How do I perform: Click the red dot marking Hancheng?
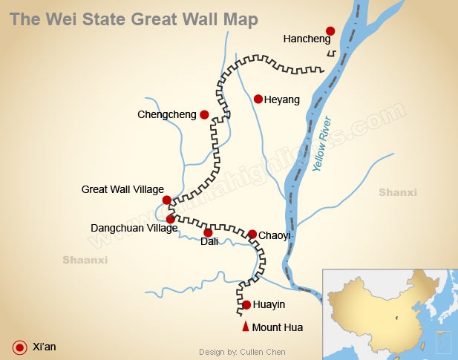pyautogui.click(x=330, y=31)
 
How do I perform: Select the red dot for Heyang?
pyautogui.click(x=258, y=99)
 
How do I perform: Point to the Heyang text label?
pyautogui.click(x=282, y=99)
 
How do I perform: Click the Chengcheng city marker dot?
pyautogui.click(x=204, y=114)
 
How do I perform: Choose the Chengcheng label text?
pyautogui.click(x=167, y=115)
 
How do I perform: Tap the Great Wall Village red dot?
pyautogui.click(x=167, y=200)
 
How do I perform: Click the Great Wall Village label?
pyautogui.click(x=122, y=190)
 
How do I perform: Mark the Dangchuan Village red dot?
pyautogui.click(x=171, y=219)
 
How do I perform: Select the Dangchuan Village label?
pyautogui.click(x=134, y=229)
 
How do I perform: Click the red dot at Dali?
pyautogui.click(x=208, y=232)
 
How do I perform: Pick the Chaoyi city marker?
pyautogui.click(x=252, y=234)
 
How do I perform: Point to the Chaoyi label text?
pyautogui.click(x=274, y=235)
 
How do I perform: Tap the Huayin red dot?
pyautogui.click(x=246, y=304)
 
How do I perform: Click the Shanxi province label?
pyautogui.click(x=398, y=193)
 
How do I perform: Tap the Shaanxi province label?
pyautogui.click(x=85, y=260)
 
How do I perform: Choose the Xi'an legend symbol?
pyautogui.click(x=20, y=346)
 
